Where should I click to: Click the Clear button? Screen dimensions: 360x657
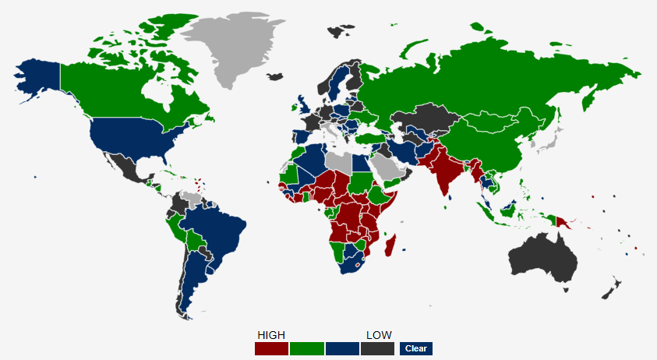point(415,348)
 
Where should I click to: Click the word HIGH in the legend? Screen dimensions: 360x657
point(271,335)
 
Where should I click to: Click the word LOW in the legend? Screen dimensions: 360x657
point(379,335)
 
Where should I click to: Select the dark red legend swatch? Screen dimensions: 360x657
point(271,348)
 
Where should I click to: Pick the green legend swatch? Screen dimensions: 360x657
point(306,348)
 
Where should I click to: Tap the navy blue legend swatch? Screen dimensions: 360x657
point(342,348)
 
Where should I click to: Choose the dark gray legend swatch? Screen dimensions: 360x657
point(377,348)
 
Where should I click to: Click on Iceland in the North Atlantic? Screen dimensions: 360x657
point(274,76)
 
